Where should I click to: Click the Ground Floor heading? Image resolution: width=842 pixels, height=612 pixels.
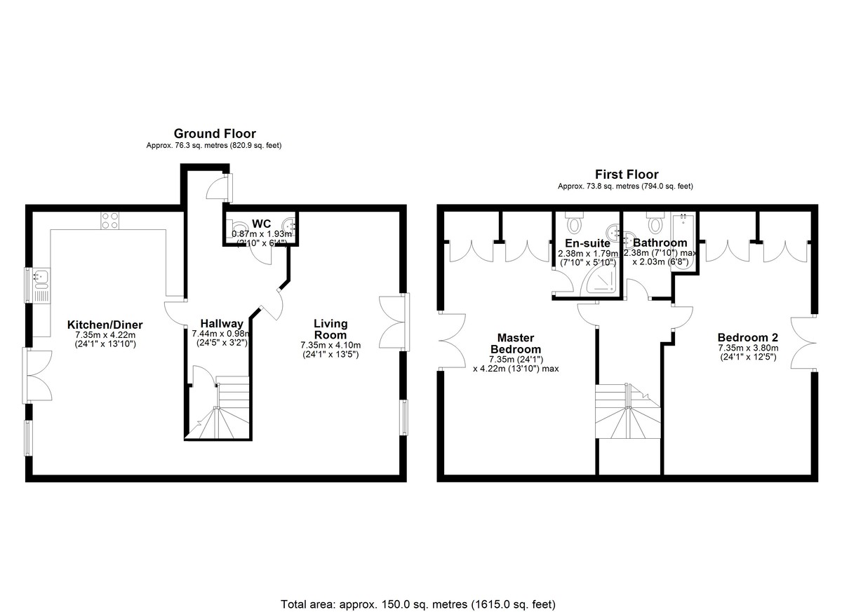[215, 134]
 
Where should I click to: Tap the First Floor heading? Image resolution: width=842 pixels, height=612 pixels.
[627, 175]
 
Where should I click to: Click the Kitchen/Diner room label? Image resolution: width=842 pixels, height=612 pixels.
[105, 325]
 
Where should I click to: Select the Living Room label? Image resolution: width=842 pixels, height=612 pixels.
[330, 329]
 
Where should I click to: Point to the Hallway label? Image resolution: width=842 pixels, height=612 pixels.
[222, 324]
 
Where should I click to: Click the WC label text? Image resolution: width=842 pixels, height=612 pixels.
[261, 224]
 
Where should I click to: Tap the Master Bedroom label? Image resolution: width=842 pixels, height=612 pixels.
[516, 344]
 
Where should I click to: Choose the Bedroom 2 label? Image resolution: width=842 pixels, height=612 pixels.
[749, 337]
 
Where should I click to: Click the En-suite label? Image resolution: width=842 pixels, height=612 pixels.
[587, 243]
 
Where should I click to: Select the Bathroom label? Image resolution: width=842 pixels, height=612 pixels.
[660, 243]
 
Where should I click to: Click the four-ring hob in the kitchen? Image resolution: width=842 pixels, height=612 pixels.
[110, 220]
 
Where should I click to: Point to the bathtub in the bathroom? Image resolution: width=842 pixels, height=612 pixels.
[684, 240]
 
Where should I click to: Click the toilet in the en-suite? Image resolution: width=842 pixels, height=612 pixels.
[574, 222]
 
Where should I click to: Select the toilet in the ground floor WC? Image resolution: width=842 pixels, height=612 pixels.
[236, 227]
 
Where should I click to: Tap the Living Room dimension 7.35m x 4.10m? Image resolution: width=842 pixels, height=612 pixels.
[330, 345]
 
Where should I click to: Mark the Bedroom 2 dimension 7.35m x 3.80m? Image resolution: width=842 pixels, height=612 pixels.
[749, 348]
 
